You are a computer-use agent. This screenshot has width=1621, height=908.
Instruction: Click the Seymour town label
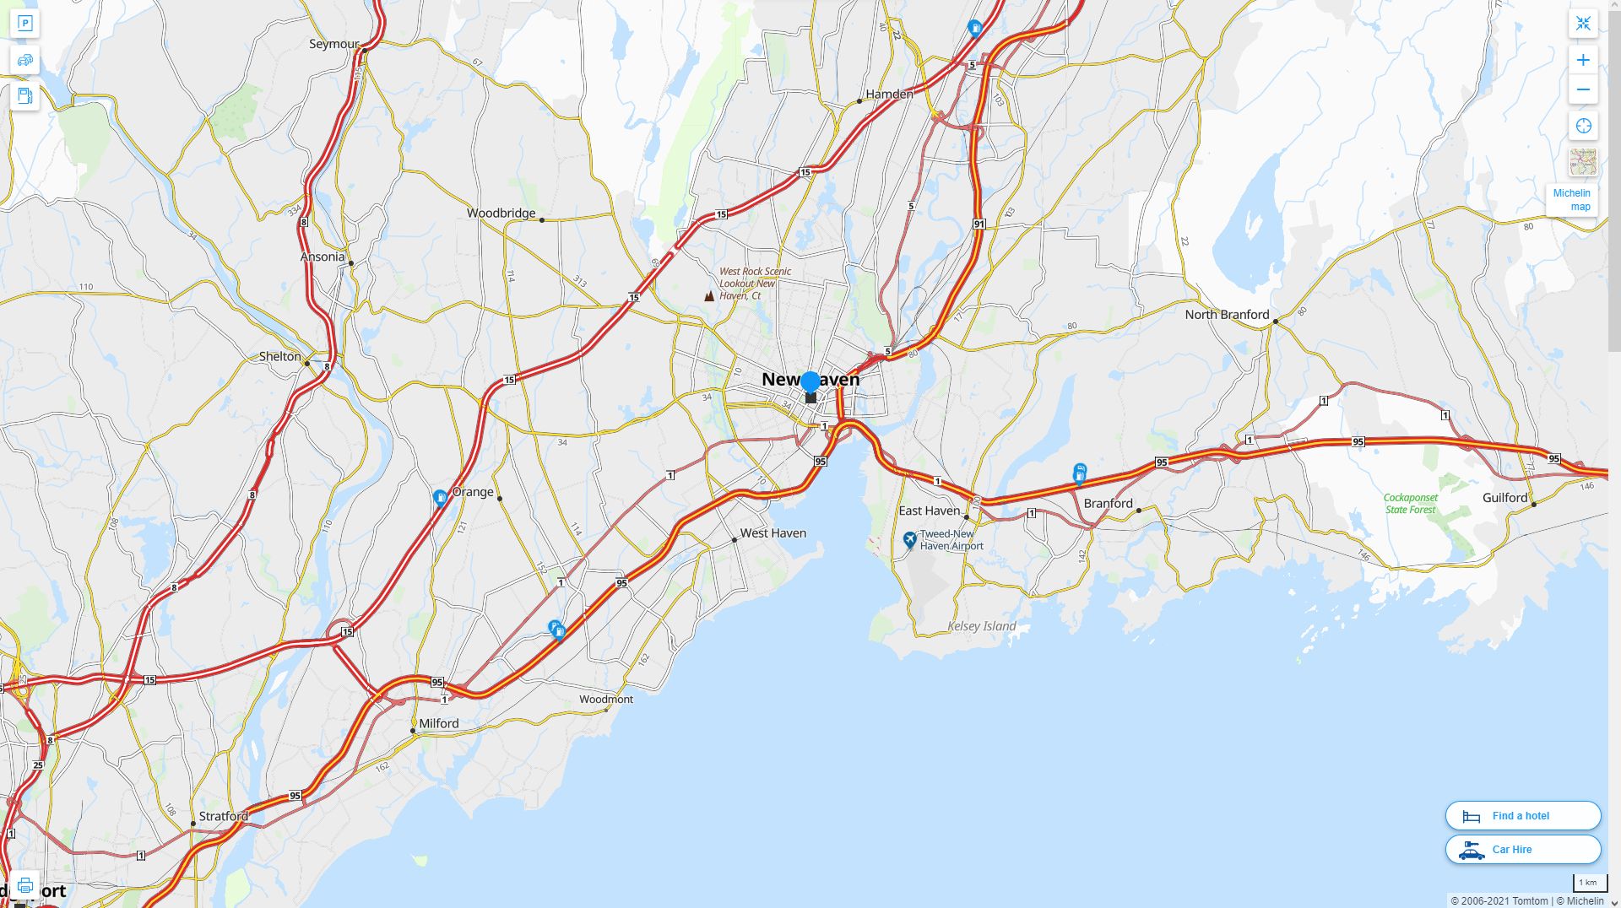point(333,44)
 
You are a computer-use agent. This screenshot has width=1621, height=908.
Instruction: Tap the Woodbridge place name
point(501,213)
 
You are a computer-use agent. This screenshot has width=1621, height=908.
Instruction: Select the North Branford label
point(1226,315)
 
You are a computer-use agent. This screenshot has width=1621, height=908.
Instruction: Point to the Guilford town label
point(1504,498)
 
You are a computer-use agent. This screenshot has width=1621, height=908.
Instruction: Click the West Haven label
point(773,533)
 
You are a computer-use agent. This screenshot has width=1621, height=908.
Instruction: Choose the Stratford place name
point(223,816)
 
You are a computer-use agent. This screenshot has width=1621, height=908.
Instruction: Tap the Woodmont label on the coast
point(605,700)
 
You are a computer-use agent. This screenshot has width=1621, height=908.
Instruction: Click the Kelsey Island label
point(981,626)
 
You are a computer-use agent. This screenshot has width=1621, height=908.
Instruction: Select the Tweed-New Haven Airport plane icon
point(909,539)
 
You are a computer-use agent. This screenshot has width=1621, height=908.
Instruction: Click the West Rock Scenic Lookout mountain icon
point(709,296)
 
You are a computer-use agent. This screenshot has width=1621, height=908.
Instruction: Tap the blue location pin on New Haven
point(810,382)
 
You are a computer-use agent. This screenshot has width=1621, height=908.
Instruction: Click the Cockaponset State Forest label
point(1410,504)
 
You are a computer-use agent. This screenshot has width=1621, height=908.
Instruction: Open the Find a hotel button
point(1522,816)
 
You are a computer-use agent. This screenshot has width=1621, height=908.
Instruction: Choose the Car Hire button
point(1522,850)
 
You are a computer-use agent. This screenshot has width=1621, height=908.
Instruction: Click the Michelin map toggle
point(1571,200)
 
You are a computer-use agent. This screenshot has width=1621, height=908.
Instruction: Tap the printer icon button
point(25,885)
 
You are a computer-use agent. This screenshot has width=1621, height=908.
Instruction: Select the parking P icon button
point(25,24)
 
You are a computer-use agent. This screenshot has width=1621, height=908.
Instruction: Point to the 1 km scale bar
point(1588,884)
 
